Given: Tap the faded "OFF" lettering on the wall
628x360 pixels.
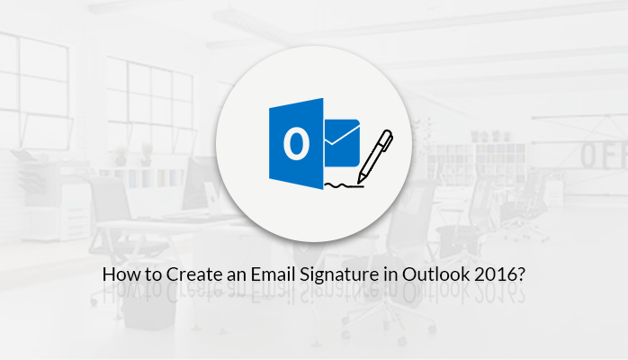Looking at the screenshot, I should click(599, 154).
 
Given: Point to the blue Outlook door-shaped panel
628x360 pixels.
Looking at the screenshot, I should click(297, 145).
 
